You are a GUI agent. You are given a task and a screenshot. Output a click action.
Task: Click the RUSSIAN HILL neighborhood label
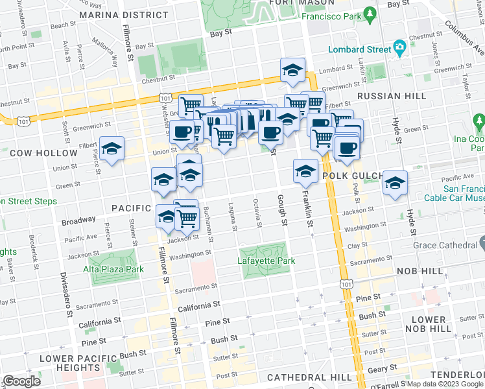pos(392,96)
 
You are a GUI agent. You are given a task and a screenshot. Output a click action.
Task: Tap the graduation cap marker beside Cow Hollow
pos(112,148)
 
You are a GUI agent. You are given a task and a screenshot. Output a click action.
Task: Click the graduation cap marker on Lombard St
pos(292,71)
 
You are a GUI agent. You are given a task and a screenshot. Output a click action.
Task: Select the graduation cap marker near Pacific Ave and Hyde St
pos(394,183)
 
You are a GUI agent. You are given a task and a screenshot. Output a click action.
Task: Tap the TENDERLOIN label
pos(461,377)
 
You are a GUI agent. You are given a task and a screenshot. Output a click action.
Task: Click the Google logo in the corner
pos(21,381)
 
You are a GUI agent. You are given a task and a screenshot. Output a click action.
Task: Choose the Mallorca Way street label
pos(106,54)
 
